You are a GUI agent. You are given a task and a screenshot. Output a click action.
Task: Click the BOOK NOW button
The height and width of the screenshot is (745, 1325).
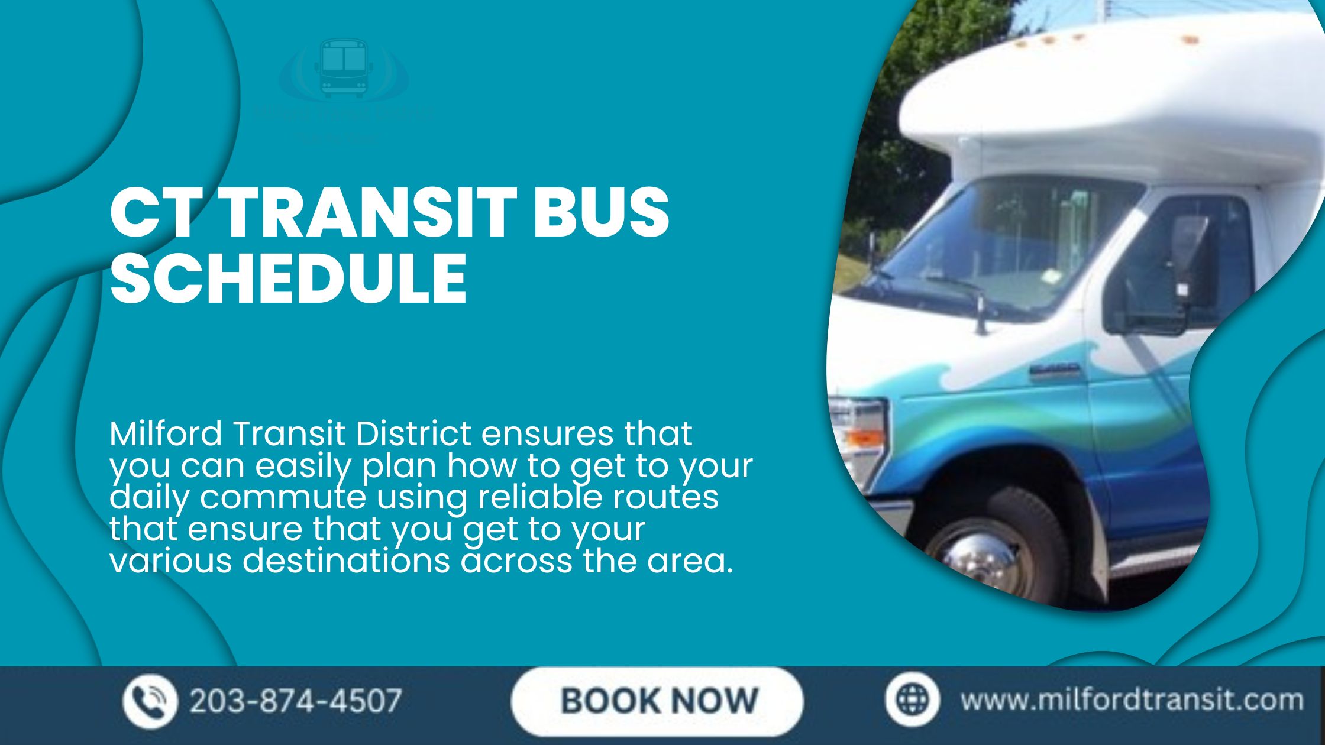point(657,701)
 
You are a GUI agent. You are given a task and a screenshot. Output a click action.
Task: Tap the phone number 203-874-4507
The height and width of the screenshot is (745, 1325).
point(295,701)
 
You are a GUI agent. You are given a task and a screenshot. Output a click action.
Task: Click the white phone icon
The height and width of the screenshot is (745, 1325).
point(149,701)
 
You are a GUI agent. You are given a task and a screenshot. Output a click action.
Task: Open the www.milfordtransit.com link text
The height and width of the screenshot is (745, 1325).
point(1131,700)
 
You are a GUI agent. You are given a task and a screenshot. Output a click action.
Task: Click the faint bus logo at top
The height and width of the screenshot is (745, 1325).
point(343,68)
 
